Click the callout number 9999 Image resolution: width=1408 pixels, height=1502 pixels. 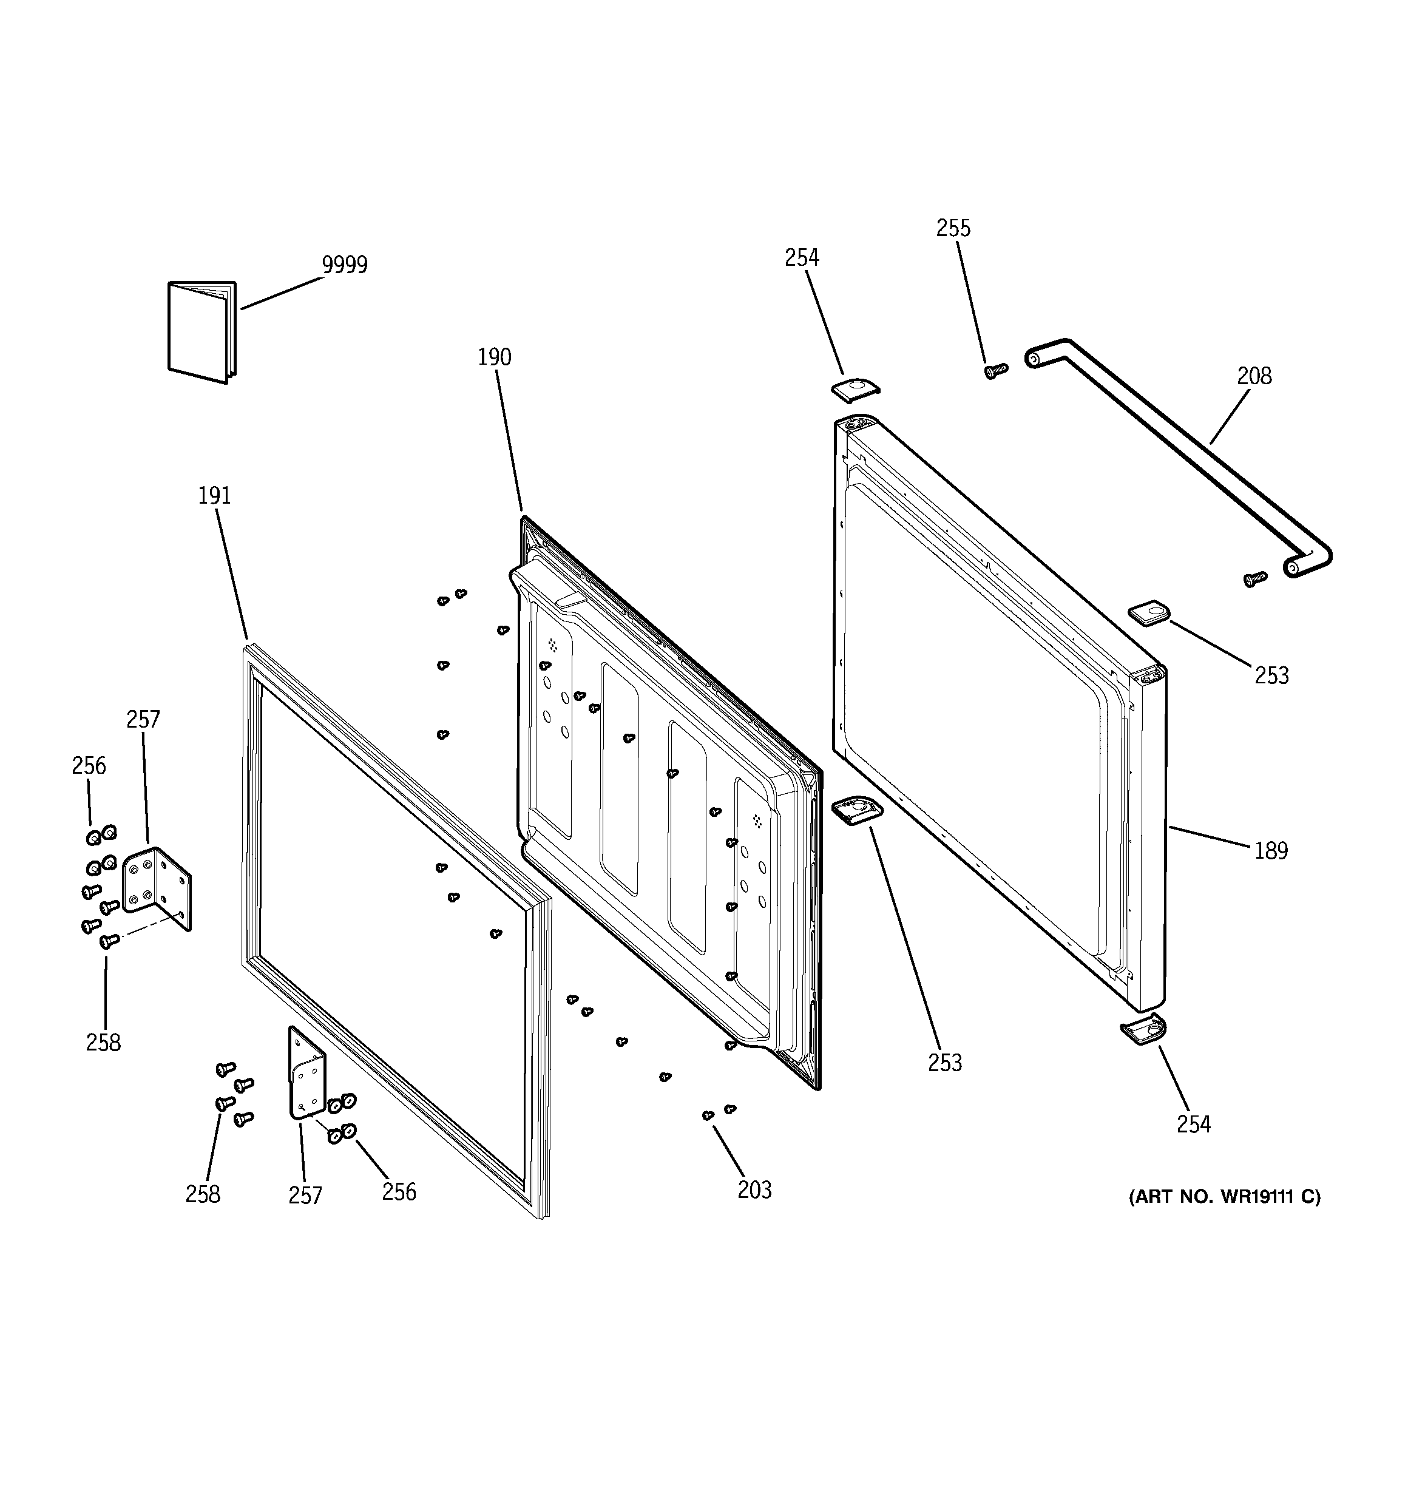345,265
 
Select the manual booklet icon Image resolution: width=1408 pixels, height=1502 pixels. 201,332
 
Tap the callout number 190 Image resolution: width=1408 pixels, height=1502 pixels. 494,357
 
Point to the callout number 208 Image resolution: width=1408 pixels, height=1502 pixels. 1254,376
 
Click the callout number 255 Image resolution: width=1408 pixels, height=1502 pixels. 953,228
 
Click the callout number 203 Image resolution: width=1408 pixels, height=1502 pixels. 754,1190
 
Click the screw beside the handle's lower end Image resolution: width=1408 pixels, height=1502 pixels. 1254,580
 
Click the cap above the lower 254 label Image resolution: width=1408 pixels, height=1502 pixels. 1143,1030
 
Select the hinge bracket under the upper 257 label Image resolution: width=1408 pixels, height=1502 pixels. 157,886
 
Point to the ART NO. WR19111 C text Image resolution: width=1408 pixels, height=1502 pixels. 1224,1218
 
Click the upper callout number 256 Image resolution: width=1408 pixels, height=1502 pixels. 89,765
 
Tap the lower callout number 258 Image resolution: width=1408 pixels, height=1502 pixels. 203,1194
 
